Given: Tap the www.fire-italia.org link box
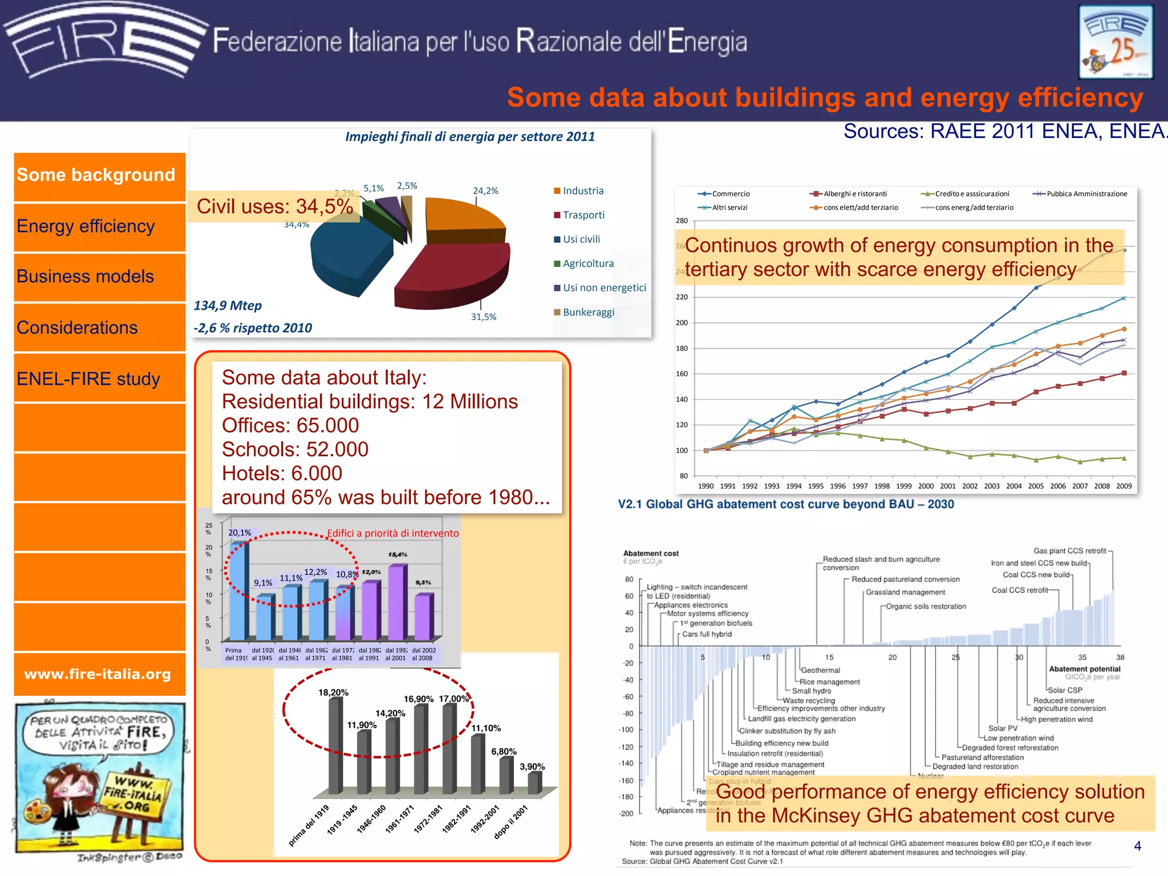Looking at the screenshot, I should [x=98, y=674].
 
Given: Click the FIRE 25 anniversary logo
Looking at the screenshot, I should [x=1116, y=42].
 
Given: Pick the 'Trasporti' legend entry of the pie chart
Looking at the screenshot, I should [x=583, y=215].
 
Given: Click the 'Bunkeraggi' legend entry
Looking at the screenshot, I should [x=588, y=312].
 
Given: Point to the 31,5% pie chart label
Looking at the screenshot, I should [x=483, y=317].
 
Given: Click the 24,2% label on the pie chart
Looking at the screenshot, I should [x=485, y=191].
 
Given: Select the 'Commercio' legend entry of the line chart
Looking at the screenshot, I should [x=730, y=194].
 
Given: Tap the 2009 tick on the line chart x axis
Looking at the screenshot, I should [x=1124, y=486].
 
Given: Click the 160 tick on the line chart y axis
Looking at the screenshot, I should [x=682, y=374].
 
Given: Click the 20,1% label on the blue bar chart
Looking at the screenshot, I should [x=240, y=533].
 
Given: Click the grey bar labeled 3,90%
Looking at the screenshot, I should [x=534, y=782].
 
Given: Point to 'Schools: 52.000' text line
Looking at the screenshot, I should [x=295, y=449].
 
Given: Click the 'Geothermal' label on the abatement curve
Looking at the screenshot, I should [x=820, y=670].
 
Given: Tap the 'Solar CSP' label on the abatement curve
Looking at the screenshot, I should [x=1065, y=690].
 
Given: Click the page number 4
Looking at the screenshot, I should [x=1137, y=846].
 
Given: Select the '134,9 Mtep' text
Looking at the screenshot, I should [x=228, y=306].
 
